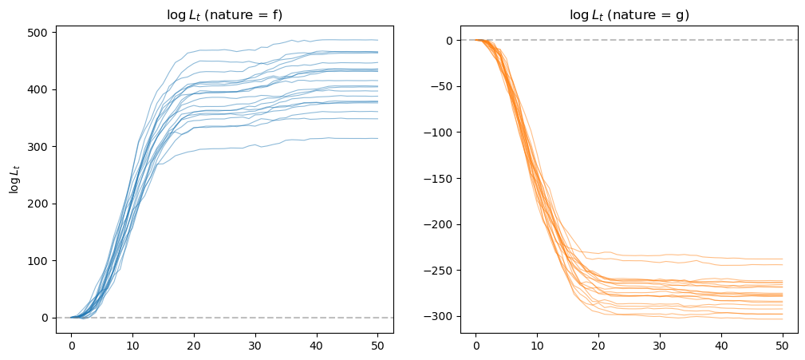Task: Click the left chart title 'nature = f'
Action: click(x=224, y=15)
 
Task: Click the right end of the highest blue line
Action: click(x=377, y=40)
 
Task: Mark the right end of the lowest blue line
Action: click(x=377, y=138)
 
